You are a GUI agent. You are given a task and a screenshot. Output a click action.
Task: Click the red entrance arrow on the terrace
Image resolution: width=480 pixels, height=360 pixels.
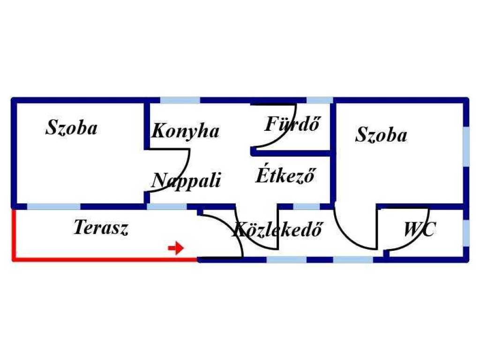(x=176, y=248)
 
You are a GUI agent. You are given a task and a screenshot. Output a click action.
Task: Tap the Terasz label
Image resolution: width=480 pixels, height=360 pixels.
(x=101, y=228)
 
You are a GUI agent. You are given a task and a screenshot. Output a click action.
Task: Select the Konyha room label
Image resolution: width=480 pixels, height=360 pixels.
(x=186, y=131)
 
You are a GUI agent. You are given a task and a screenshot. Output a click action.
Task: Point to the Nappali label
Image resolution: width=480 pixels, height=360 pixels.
(x=186, y=180)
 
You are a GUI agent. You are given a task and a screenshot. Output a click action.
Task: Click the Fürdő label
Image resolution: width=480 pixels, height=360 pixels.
(x=292, y=123)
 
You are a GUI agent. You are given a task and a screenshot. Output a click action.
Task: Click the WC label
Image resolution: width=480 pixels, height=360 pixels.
(x=420, y=229)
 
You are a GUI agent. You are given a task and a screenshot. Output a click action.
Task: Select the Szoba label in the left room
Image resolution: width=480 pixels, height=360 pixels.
(x=71, y=127)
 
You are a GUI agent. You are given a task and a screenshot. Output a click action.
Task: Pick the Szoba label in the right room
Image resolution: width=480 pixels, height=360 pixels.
(x=381, y=135)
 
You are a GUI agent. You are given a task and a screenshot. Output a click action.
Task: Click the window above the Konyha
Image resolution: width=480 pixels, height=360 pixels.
(x=180, y=100)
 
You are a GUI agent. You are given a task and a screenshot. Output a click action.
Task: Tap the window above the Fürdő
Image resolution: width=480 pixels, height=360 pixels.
(x=320, y=100)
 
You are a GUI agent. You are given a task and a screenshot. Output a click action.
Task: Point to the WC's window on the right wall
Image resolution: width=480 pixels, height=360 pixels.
(x=466, y=233)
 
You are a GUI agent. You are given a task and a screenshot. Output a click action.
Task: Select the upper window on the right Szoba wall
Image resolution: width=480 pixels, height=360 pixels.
(x=466, y=147)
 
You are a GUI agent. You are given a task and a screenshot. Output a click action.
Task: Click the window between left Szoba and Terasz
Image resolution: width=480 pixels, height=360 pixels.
(x=54, y=206)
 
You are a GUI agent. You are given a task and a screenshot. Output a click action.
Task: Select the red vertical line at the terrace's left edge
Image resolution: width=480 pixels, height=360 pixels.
(x=14, y=234)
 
